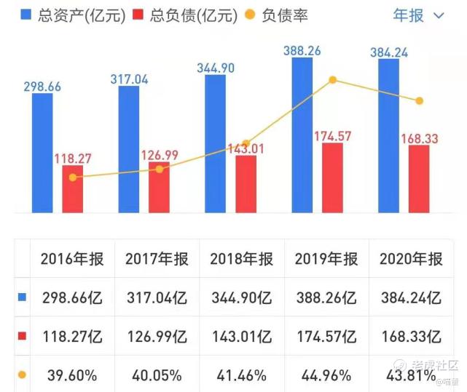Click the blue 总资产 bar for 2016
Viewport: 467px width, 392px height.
(x=42, y=153)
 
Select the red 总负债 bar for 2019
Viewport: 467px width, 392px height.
(x=331, y=178)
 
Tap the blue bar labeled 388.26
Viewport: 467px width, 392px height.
(x=302, y=135)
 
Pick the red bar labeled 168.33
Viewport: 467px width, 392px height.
(x=419, y=179)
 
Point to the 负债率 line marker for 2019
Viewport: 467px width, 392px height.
(x=333, y=80)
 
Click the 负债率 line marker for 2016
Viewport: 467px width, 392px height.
(x=72, y=177)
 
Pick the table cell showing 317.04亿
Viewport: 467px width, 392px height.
(x=157, y=297)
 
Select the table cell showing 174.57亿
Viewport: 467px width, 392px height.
(x=326, y=337)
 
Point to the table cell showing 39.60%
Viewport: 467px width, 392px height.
(x=72, y=375)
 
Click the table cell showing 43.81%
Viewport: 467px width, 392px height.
(x=410, y=375)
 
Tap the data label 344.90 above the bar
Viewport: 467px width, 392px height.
(x=216, y=67)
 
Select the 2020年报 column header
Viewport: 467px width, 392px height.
(x=410, y=259)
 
